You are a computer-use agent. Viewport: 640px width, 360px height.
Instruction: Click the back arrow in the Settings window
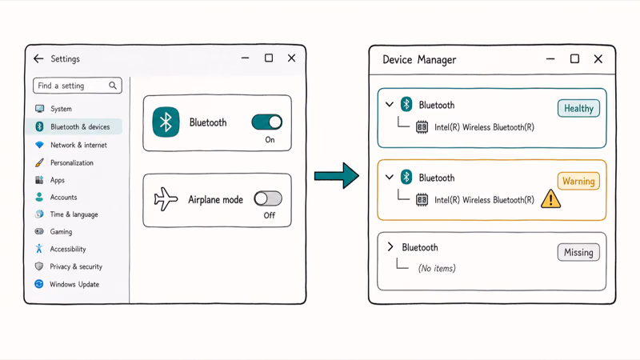tap(38, 58)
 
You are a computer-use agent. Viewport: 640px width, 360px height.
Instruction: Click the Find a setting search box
tap(77, 86)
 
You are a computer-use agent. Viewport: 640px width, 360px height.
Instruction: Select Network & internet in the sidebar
tap(78, 145)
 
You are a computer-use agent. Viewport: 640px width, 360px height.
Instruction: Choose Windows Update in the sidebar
tap(74, 284)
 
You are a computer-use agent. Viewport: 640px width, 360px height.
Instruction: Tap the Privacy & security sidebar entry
tap(76, 266)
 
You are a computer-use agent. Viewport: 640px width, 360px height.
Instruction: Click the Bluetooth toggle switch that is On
tap(267, 122)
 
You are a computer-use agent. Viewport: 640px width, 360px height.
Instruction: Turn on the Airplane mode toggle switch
tap(268, 198)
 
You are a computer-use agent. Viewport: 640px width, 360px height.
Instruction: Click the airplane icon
tap(166, 199)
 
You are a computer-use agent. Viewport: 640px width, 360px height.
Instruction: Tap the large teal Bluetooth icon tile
tap(166, 122)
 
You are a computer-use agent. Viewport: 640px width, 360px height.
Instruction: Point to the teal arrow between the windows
tap(336, 176)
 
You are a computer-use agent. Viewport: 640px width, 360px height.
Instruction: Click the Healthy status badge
tap(578, 108)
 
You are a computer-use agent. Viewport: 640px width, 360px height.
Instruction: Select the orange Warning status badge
tap(578, 181)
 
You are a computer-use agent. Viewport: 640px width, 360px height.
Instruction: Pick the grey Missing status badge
tap(578, 252)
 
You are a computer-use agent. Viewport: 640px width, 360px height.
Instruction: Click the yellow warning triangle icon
tap(550, 199)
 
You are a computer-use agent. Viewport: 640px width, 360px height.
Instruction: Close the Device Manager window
tap(598, 59)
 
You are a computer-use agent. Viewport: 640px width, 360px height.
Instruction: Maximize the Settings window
tap(269, 58)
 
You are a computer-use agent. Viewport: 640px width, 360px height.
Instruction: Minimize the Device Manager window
tap(550, 59)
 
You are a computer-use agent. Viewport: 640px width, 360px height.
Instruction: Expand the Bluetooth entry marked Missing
tap(390, 246)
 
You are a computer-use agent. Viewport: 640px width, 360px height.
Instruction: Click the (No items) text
tap(437, 268)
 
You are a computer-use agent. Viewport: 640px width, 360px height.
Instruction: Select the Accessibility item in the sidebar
tap(68, 249)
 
